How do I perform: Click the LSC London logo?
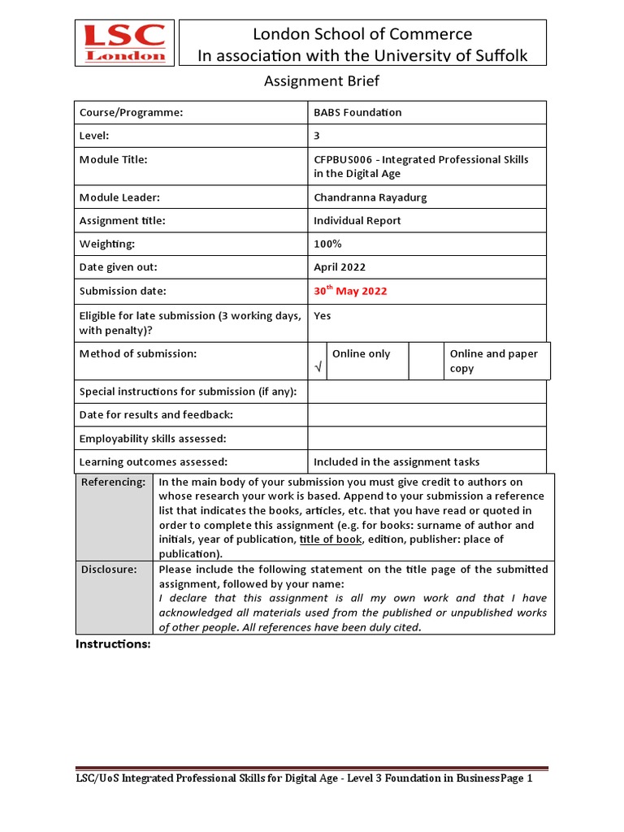(x=125, y=43)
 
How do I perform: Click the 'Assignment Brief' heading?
(x=322, y=81)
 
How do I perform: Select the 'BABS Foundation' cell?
(x=357, y=113)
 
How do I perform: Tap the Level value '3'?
(x=317, y=136)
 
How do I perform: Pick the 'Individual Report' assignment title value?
(x=357, y=221)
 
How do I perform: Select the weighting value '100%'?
(x=327, y=244)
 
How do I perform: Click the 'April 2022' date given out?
(x=340, y=267)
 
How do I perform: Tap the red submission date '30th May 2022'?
(x=350, y=291)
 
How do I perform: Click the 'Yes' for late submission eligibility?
(x=323, y=316)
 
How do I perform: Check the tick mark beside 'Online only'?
(x=318, y=368)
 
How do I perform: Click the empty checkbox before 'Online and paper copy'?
(x=425, y=361)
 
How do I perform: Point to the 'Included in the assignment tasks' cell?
(x=396, y=462)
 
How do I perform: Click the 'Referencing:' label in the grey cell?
(x=113, y=483)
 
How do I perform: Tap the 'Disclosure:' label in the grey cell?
(x=109, y=570)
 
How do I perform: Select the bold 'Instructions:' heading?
(x=113, y=644)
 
